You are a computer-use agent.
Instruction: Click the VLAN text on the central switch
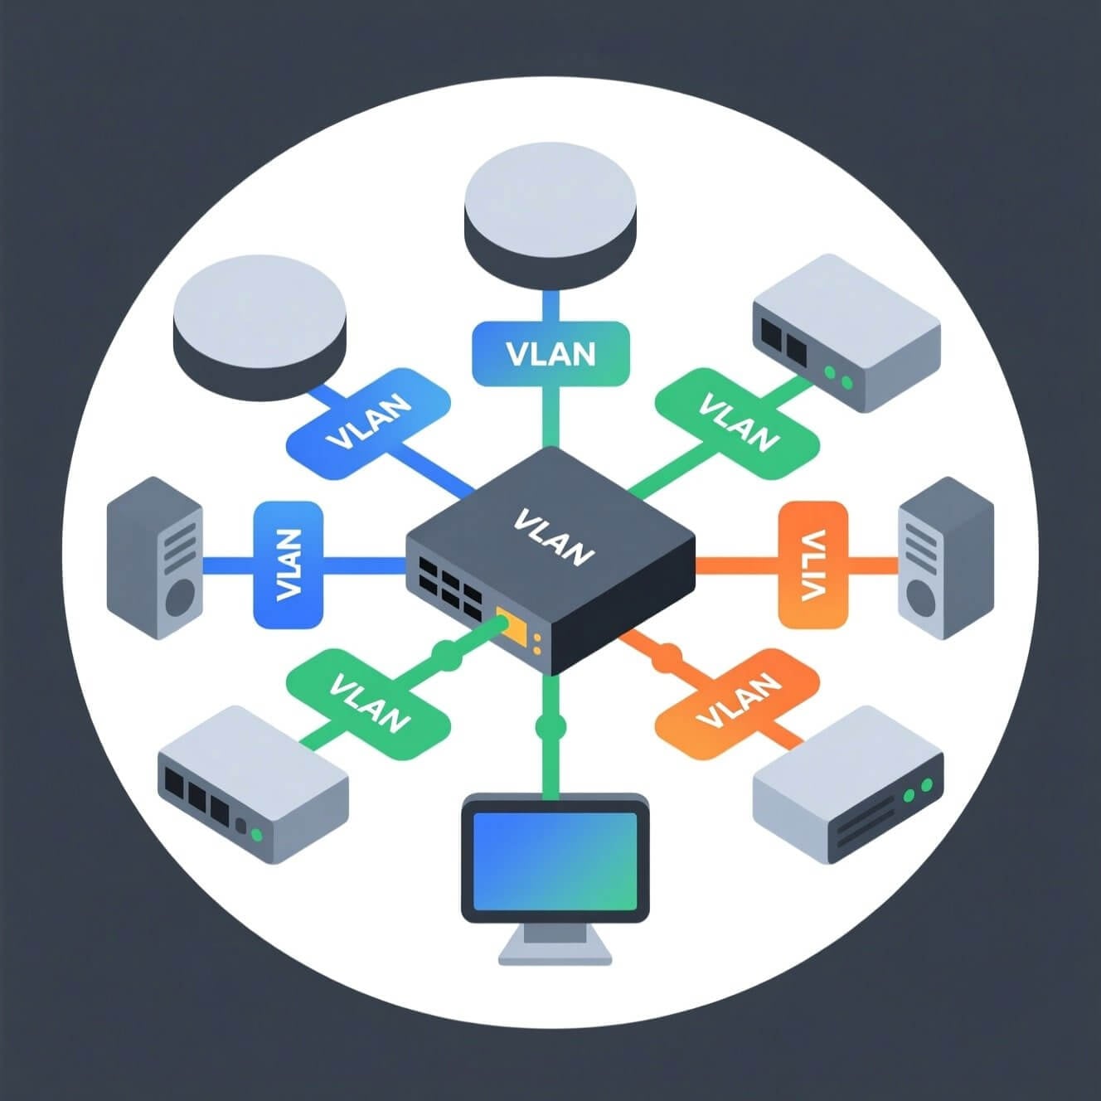point(554,537)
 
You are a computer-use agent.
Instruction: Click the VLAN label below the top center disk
point(550,354)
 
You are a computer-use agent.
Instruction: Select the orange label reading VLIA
point(812,565)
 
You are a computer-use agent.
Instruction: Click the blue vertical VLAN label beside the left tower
point(288,565)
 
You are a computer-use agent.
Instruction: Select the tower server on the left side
point(155,558)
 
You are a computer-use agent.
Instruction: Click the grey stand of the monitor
point(555,945)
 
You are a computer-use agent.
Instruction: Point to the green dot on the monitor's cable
point(550,727)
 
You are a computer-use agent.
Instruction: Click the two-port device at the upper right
point(846,332)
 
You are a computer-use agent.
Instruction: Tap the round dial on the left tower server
point(180,596)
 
